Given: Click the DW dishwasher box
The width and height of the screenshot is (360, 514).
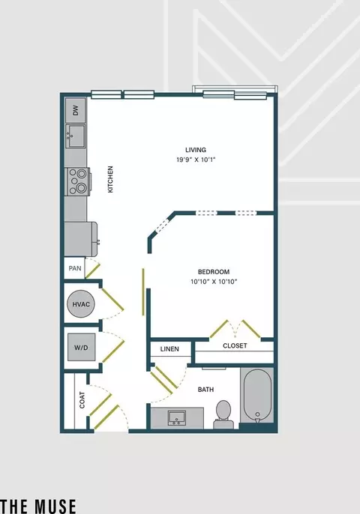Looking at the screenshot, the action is tap(76, 110).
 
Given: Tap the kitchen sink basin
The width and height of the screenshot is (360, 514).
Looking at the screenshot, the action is tap(76, 136).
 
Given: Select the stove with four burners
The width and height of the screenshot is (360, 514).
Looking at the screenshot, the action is tap(77, 181).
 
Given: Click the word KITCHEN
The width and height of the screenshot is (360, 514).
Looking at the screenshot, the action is tap(110, 179).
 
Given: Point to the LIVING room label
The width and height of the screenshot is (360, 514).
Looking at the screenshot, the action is tap(196, 150).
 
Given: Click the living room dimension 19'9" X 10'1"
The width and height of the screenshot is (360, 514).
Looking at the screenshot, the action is tap(196, 160).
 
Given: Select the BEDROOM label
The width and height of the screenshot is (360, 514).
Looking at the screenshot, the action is tap(214, 272).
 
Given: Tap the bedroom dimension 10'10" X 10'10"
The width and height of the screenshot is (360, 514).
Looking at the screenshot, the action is tap(214, 282).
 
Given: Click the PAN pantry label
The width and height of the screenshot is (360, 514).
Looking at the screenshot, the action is tap(75, 268).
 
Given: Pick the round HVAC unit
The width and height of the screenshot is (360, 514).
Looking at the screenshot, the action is tap(81, 304).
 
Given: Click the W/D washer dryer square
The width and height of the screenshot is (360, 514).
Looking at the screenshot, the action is tap(82, 347).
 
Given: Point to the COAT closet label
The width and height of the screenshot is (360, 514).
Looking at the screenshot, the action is tap(82, 400).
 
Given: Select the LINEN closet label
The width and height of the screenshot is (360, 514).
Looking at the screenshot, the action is tap(169, 349).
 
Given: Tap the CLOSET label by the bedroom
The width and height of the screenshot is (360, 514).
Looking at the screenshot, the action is tap(235, 345).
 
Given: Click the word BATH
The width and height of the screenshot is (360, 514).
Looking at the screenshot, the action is tap(205, 390).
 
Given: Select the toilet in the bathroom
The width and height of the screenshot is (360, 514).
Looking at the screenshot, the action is tap(223, 414).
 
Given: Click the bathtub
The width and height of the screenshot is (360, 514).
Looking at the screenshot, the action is tap(257, 396).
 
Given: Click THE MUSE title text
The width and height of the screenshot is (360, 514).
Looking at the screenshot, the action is tap(38, 507).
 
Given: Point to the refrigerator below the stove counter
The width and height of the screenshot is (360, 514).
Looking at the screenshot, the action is tap(81, 239).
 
